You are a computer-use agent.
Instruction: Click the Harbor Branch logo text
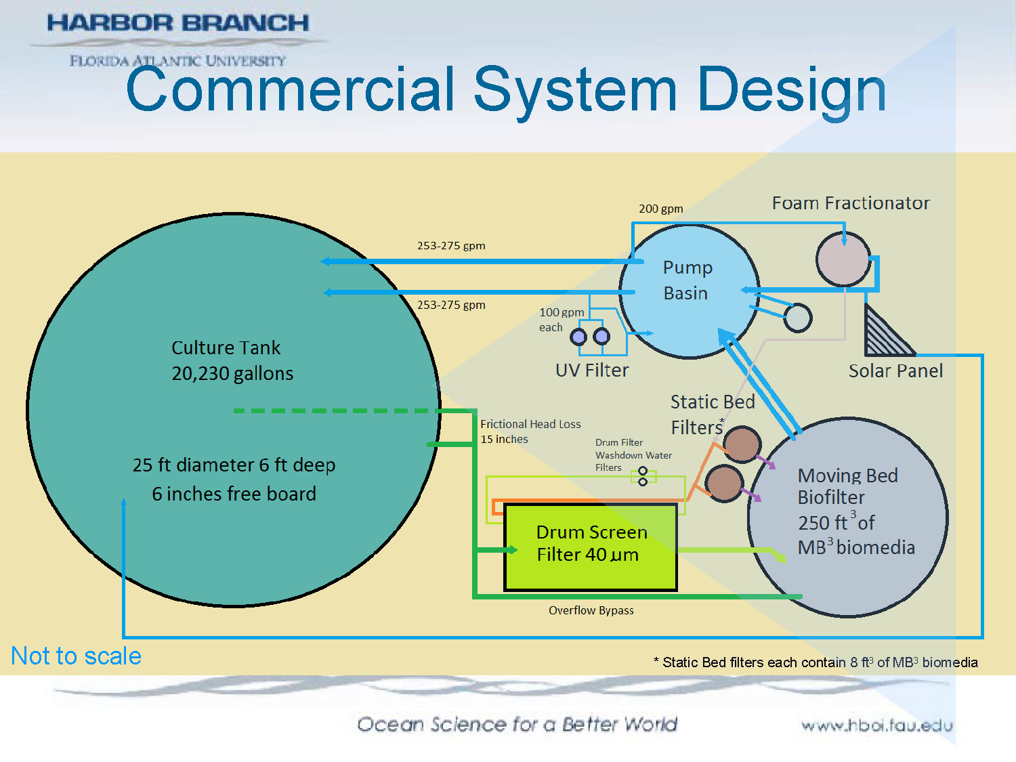(x=177, y=23)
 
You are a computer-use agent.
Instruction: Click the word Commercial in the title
(x=290, y=89)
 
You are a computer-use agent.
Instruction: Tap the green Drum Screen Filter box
(x=591, y=547)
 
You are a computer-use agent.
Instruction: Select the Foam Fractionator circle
(x=843, y=259)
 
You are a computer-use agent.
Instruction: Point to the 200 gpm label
(x=660, y=209)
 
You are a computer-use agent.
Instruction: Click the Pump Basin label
(x=687, y=280)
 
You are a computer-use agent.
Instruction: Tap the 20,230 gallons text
(x=232, y=374)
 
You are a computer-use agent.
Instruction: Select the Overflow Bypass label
(x=591, y=610)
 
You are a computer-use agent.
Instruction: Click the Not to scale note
(x=76, y=656)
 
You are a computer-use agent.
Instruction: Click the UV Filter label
(x=592, y=371)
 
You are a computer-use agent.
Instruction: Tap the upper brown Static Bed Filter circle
(x=742, y=444)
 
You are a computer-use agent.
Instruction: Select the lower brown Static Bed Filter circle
(x=724, y=483)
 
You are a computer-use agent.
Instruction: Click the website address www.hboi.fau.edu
(x=876, y=725)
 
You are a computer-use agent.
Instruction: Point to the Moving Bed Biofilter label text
(x=848, y=486)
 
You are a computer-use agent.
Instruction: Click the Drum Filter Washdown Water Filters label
(x=633, y=454)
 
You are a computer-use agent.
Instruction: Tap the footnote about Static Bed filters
(x=816, y=662)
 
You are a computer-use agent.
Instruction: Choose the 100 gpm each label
(x=560, y=320)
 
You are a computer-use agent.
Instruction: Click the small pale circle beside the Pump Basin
(x=797, y=318)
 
